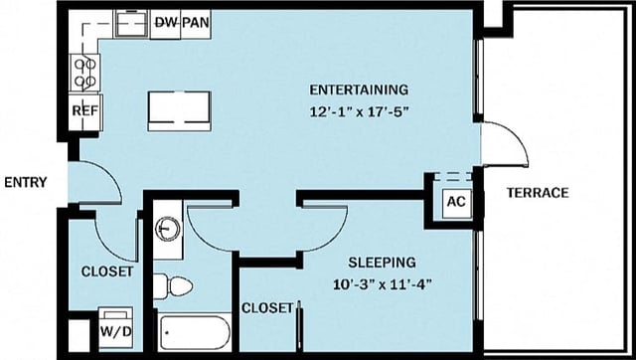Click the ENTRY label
coord(24,182)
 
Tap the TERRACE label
coord(537,192)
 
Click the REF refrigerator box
coord(84,111)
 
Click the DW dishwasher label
coord(166,22)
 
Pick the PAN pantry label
coord(196,22)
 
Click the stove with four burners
coord(84,72)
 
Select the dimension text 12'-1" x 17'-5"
coord(359,111)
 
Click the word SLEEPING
coord(382,263)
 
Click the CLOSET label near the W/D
coord(106,271)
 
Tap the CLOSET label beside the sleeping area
coord(267,307)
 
